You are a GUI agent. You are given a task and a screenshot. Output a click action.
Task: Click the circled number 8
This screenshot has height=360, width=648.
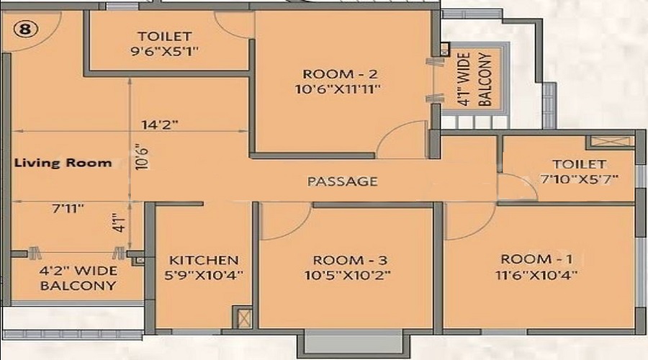pos(26,30)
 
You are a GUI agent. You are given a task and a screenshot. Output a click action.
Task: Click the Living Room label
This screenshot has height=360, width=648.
pos(63,163)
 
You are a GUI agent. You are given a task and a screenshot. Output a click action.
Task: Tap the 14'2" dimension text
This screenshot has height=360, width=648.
pos(160,125)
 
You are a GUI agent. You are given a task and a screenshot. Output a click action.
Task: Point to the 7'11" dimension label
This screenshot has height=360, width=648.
pos(68,208)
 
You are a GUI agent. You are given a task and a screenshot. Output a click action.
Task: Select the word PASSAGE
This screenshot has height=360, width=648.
pos(343,181)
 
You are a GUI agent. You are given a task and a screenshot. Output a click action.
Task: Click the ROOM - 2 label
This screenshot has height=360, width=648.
pos(340,74)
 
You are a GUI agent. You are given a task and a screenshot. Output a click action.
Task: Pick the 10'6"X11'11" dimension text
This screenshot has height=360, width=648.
pos(338,89)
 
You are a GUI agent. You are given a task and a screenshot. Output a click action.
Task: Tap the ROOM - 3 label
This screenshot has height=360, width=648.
pos(350,261)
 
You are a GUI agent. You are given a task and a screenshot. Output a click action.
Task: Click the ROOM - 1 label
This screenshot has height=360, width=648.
pos(537,259)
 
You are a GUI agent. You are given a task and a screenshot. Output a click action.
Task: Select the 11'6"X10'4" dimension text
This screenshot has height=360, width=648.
pos(536,274)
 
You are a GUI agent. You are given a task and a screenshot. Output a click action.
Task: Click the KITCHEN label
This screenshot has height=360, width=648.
pos(204,261)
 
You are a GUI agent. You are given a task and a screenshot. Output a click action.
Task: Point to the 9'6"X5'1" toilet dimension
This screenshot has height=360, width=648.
pos(164,52)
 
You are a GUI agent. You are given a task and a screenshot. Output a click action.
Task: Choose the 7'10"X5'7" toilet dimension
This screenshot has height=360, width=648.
pos(580,179)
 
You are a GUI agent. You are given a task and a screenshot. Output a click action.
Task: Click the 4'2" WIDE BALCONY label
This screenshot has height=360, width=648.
pos(78,278)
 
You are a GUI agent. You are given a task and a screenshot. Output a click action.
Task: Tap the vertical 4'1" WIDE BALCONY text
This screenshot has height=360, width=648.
pos(474,79)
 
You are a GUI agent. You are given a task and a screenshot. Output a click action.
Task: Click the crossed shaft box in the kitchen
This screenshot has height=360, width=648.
pos(243,318)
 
